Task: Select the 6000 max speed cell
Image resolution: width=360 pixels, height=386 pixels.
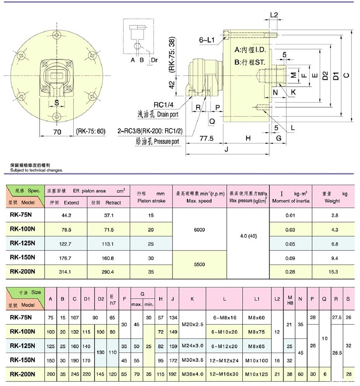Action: [x=199, y=230]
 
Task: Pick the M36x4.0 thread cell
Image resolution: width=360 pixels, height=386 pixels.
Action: [x=192, y=374]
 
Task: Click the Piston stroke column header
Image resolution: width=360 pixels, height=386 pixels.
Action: [x=151, y=197]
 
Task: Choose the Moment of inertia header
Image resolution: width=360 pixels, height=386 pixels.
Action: [x=291, y=197]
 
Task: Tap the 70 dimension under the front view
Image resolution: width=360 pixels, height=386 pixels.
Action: [x=57, y=132]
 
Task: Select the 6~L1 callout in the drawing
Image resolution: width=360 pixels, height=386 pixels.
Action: [x=208, y=39]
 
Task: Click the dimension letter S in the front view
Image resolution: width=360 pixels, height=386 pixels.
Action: [x=57, y=103]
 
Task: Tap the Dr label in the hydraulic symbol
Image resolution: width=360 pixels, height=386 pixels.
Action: [x=154, y=60]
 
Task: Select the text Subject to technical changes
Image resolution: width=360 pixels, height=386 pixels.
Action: [x=37, y=170]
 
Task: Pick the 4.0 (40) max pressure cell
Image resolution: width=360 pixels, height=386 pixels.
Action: [x=248, y=236]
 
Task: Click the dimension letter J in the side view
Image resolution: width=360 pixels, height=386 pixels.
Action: [x=226, y=149]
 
